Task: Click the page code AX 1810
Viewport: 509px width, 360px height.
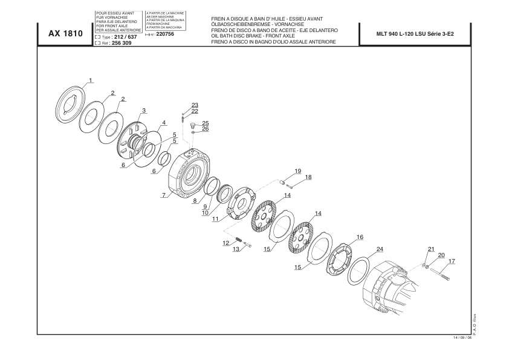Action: tap(65, 33)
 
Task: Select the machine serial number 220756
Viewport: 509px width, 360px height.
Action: tap(165, 34)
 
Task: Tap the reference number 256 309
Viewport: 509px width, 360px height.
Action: tap(122, 43)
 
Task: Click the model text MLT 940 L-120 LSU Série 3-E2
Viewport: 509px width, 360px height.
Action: tap(415, 34)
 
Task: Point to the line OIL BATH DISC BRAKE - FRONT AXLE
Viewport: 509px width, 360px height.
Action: tap(253, 36)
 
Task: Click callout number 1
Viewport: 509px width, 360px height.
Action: tap(91, 80)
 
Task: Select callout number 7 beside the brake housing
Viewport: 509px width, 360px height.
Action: tap(164, 195)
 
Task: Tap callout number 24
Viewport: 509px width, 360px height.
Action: tap(380, 249)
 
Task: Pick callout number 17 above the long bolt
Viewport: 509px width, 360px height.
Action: tap(452, 261)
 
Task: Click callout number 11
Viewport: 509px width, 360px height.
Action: tap(215, 219)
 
